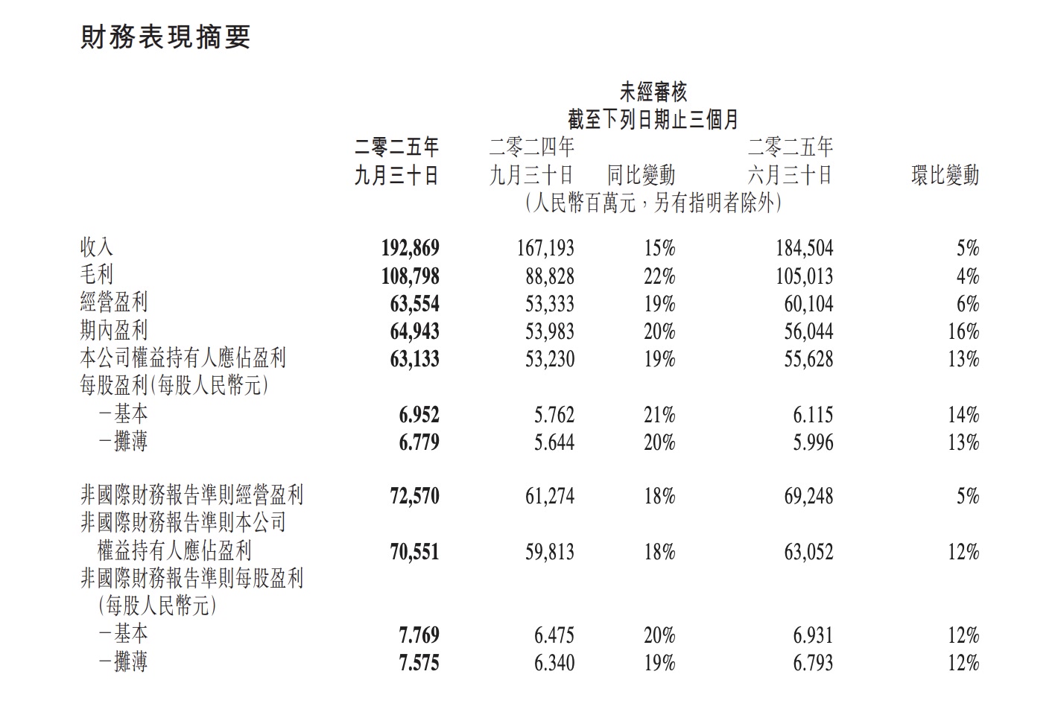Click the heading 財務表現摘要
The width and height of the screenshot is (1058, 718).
[x=165, y=37]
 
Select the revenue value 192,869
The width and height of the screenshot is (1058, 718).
[x=410, y=248]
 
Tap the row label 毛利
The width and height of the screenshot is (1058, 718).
[x=97, y=276]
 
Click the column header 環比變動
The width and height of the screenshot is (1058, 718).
[x=945, y=176]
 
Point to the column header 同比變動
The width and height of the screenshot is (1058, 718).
[x=641, y=176]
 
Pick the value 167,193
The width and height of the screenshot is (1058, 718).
[x=545, y=248]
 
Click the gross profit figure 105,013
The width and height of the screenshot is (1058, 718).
[x=805, y=276]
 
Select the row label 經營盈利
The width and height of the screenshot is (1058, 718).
[x=114, y=303]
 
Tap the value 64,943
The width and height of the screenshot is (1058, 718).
[x=414, y=331]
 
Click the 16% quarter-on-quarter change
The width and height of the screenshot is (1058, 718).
[x=963, y=331]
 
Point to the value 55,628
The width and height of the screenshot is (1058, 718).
[x=808, y=359]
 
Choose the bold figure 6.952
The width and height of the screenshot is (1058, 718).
[x=419, y=415]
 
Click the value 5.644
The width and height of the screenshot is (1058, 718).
[x=554, y=442]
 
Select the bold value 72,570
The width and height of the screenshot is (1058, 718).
[x=414, y=496]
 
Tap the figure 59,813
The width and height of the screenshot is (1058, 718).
[x=550, y=552]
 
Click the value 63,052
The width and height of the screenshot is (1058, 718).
[x=808, y=552]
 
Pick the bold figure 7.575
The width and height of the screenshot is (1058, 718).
[x=419, y=663]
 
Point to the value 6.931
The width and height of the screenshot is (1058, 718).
[x=813, y=635]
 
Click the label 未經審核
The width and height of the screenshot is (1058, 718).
[x=653, y=92]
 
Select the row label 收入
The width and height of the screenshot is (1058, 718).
[x=97, y=247]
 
